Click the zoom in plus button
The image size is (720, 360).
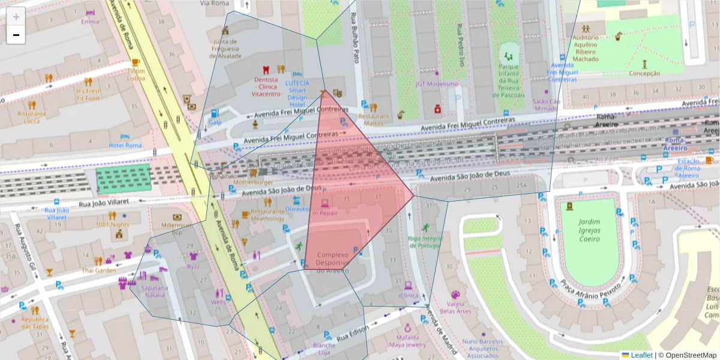click(16, 17)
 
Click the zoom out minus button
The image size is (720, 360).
click(16, 35)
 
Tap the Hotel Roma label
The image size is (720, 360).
click(125, 145)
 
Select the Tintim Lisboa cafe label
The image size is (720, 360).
click(136, 74)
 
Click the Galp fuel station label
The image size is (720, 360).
click(215, 122)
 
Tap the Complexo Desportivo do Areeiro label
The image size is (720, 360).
click(332, 263)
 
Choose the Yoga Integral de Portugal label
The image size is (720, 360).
click(425, 242)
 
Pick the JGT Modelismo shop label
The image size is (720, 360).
click(437, 84)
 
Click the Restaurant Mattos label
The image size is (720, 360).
click(373, 119)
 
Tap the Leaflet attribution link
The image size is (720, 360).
click(641, 355)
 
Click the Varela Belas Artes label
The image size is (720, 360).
click(455, 307)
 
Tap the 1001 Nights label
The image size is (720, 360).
click(112, 224)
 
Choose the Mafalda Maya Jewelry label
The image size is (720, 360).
click(407, 341)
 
